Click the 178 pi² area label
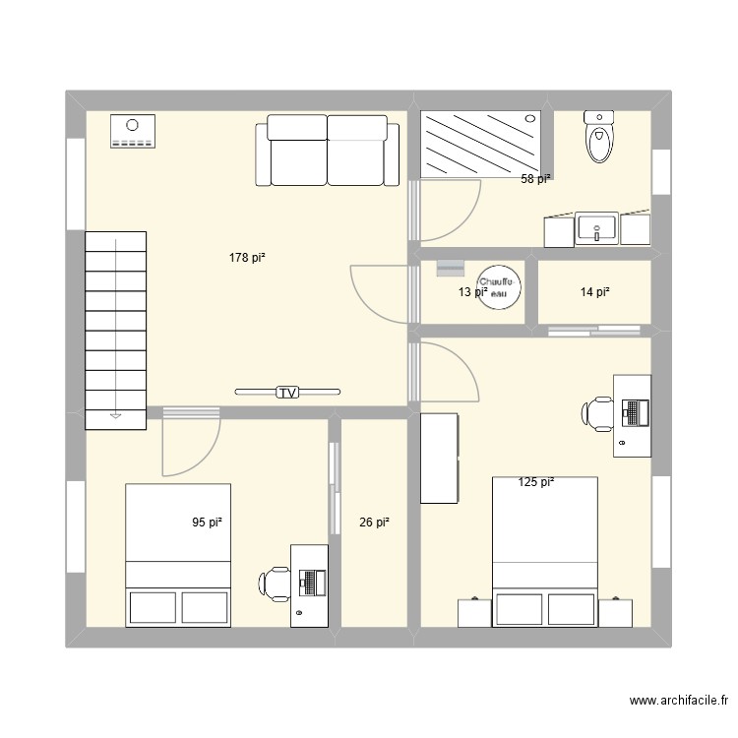point(247,258)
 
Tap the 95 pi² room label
point(207,523)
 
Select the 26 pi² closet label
point(374,523)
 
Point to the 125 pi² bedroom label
point(536,482)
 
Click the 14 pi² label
point(594,291)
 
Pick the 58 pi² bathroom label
point(535,179)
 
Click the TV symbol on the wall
point(287,393)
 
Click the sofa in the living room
point(327,150)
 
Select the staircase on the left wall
point(116,330)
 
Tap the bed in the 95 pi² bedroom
point(178,554)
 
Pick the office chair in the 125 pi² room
point(597,413)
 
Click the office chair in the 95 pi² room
point(276,583)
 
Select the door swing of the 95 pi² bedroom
point(190,443)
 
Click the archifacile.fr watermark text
point(678,702)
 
